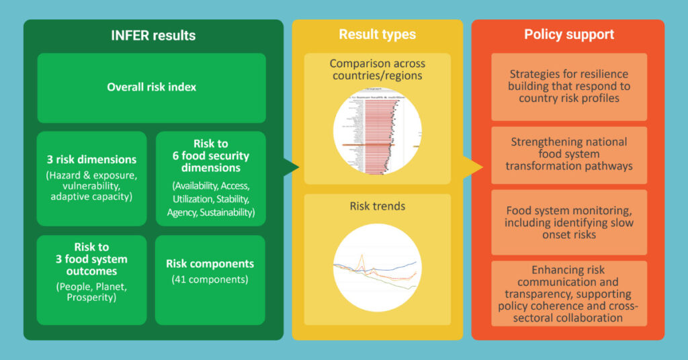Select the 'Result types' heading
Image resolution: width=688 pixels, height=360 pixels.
(x=377, y=34)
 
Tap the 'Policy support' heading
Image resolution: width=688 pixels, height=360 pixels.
(x=569, y=34)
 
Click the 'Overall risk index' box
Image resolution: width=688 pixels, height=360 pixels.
(x=151, y=87)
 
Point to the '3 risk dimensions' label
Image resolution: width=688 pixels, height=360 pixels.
(x=91, y=160)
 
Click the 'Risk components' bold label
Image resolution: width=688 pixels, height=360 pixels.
(x=210, y=264)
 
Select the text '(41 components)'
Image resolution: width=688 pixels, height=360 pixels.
(x=210, y=279)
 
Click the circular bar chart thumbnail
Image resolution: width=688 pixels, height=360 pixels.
(x=377, y=132)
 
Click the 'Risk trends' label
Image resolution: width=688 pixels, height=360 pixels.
(x=377, y=206)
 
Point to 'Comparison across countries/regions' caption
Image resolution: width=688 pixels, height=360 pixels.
(x=377, y=69)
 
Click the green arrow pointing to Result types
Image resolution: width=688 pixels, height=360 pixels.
(x=290, y=167)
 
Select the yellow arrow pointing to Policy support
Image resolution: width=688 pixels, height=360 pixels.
(x=474, y=167)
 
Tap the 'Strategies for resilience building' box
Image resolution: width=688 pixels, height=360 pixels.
(x=568, y=87)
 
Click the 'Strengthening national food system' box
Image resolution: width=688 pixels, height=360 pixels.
(x=568, y=154)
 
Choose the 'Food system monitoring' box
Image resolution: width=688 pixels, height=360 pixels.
(x=568, y=222)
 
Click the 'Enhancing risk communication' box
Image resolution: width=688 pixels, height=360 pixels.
(x=568, y=294)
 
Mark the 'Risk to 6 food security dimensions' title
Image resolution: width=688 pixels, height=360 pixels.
(x=210, y=156)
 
